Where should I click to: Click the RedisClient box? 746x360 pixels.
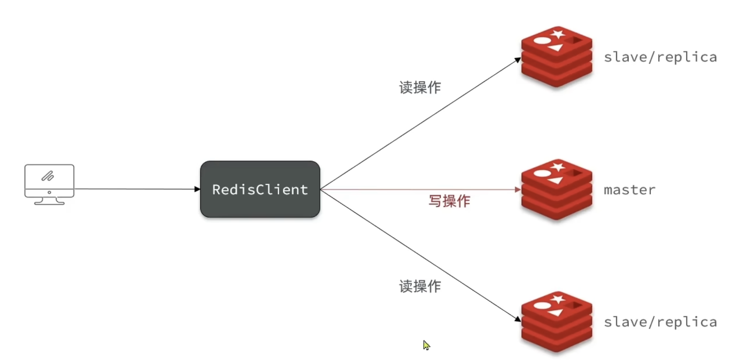click(x=260, y=189)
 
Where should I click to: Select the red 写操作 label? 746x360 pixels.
click(x=449, y=201)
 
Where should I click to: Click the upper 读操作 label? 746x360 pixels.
click(x=420, y=87)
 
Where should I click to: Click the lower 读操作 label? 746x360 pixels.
click(x=420, y=286)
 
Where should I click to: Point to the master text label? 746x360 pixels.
click(x=629, y=190)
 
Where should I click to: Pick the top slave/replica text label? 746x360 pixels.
click(x=660, y=57)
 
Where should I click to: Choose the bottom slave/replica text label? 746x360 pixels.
click(x=660, y=322)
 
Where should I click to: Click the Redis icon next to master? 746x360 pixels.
click(x=556, y=190)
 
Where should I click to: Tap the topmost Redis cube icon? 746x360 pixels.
click(x=556, y=57)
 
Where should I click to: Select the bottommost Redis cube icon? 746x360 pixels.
click(x=556, y=322)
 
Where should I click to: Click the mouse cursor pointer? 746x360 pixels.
click(x=426, y=345)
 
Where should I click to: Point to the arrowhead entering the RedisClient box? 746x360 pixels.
click(x=197, y=189)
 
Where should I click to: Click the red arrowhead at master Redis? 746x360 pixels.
click(x=518, y=190)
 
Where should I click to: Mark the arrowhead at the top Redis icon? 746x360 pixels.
click(x=518, y=60)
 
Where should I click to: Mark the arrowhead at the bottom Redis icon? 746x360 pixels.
click(x=517, y=319)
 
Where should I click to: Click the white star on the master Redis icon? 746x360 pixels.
click(x=558, y=167)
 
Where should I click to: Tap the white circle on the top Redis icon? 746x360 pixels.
click(x=541, y=40)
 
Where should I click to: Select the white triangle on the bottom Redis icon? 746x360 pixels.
click(x=556, y=313)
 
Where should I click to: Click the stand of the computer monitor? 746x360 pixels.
click(x=49, y=201)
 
